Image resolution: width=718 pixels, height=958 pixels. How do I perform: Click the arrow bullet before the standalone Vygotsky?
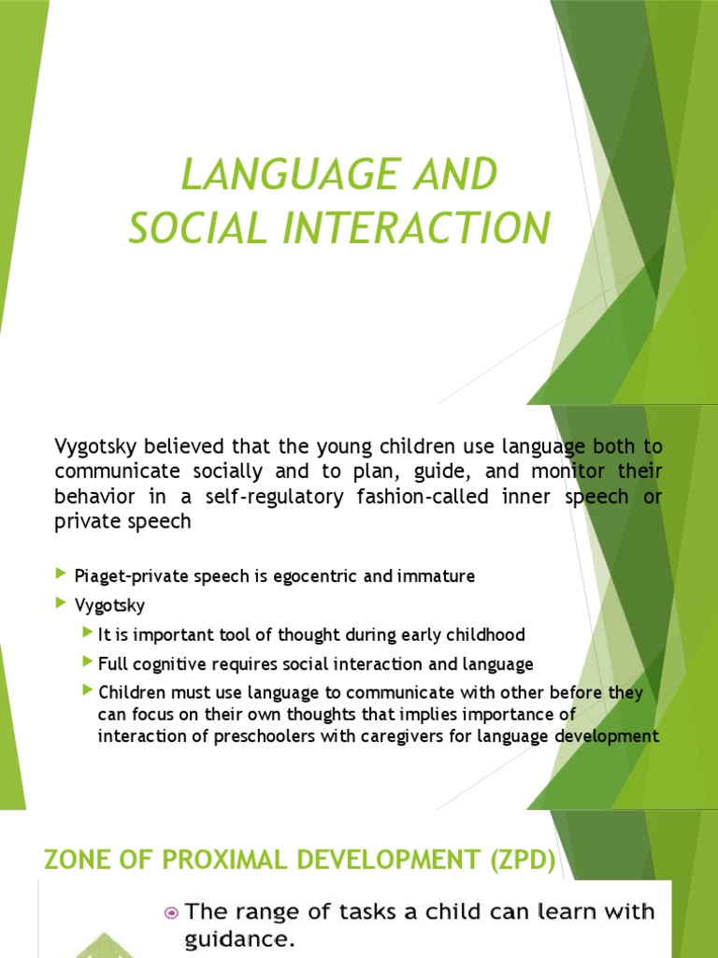pyautogui.click(x=62, y=603)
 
